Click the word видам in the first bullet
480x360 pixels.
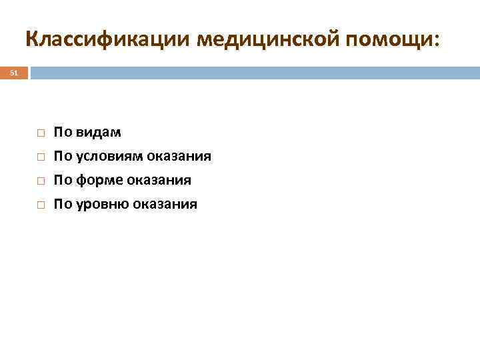tap(99, 133)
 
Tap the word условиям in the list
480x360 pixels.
tap(108, 157)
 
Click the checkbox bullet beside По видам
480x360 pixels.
tap(40, 133)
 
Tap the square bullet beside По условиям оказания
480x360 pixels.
tap(40, 157)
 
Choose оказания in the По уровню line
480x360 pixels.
tap(164, 205)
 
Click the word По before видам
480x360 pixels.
tap(63, 133)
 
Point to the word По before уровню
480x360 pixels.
tap(63, 205)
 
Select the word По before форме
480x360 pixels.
tap(63, 181)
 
